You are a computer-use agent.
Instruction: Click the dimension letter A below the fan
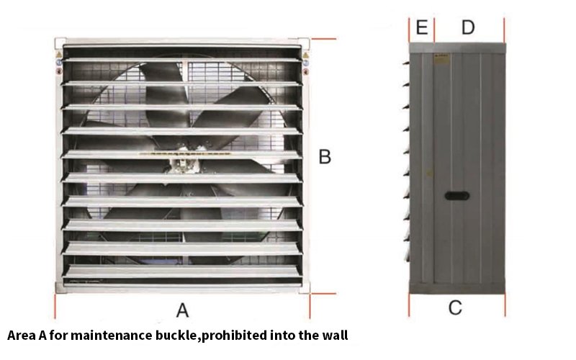tap(183, 310)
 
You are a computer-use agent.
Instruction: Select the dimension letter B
tap(325, 156)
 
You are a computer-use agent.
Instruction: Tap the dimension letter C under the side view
tap(455, 307)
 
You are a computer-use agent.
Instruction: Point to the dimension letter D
tap(467, 27)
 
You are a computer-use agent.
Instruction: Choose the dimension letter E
tap(422, 27)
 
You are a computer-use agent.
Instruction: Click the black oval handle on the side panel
tap(457, 195)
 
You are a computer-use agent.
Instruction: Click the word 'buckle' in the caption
tap(179, 336)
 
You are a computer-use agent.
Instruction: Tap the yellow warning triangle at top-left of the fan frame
tap(59, 55)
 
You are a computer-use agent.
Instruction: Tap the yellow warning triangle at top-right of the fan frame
tap(305, 55)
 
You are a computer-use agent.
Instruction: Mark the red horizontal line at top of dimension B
tap(323, 39)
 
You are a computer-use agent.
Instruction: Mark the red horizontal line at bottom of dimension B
tap(323, 294)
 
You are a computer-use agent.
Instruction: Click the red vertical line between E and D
tap(434, 30)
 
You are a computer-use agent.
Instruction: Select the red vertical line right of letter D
tap(505, 30)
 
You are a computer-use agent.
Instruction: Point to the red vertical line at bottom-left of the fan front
tap(55, 306)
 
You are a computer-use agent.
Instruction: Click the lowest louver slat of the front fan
tap(181, 272)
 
